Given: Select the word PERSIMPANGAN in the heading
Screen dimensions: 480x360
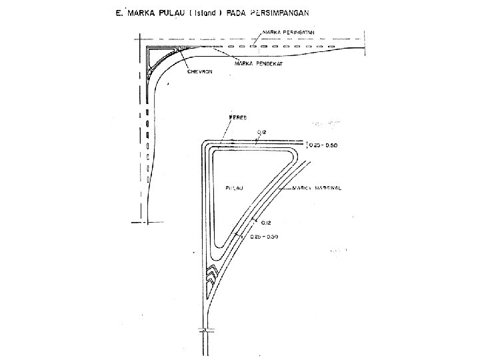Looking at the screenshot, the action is (278, 13).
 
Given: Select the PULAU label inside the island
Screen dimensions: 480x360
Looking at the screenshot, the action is (234, 188).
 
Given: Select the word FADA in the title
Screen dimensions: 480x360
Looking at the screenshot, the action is (238, 13).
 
